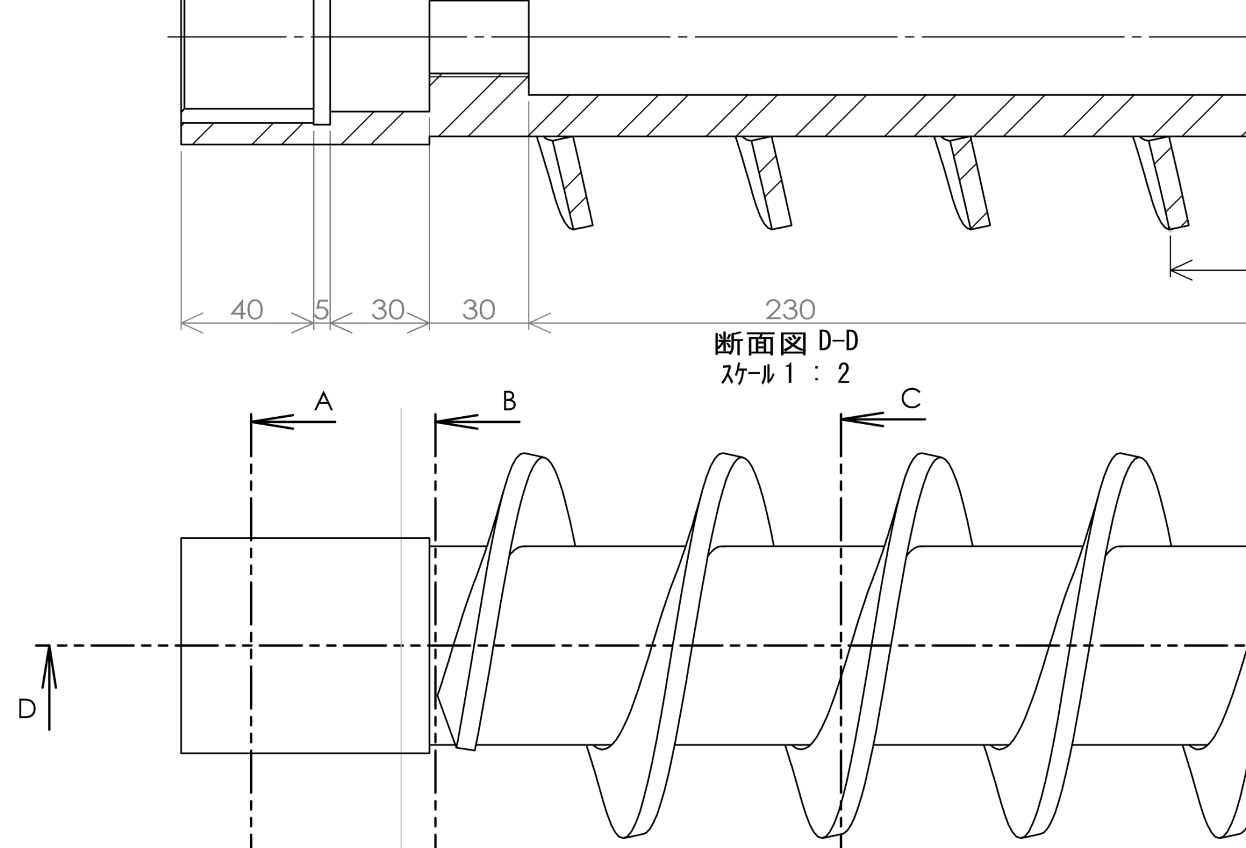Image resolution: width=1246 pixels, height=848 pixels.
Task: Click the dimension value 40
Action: [x=246, y=310]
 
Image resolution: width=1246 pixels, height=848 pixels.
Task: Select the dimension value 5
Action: [x=322, y=310]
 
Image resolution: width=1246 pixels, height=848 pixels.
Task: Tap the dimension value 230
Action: [x=790, y=310]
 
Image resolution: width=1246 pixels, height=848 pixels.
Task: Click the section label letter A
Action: [x=324, y=401]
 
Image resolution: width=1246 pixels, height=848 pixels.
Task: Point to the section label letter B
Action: [x=509, y=401]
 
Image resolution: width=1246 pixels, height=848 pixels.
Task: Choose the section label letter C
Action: [x=911, y=399]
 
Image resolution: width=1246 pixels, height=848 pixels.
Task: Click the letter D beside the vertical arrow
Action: [x=27, y=709]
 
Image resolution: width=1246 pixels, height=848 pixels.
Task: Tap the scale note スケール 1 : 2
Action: [x=785, y=374]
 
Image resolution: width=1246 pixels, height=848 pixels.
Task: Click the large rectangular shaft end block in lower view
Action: [x=305, y=645]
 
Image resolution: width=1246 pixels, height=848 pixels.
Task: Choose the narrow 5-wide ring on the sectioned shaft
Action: [x=322, y=61]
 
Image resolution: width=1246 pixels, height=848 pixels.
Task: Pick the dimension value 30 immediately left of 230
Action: [x=479, y=310]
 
